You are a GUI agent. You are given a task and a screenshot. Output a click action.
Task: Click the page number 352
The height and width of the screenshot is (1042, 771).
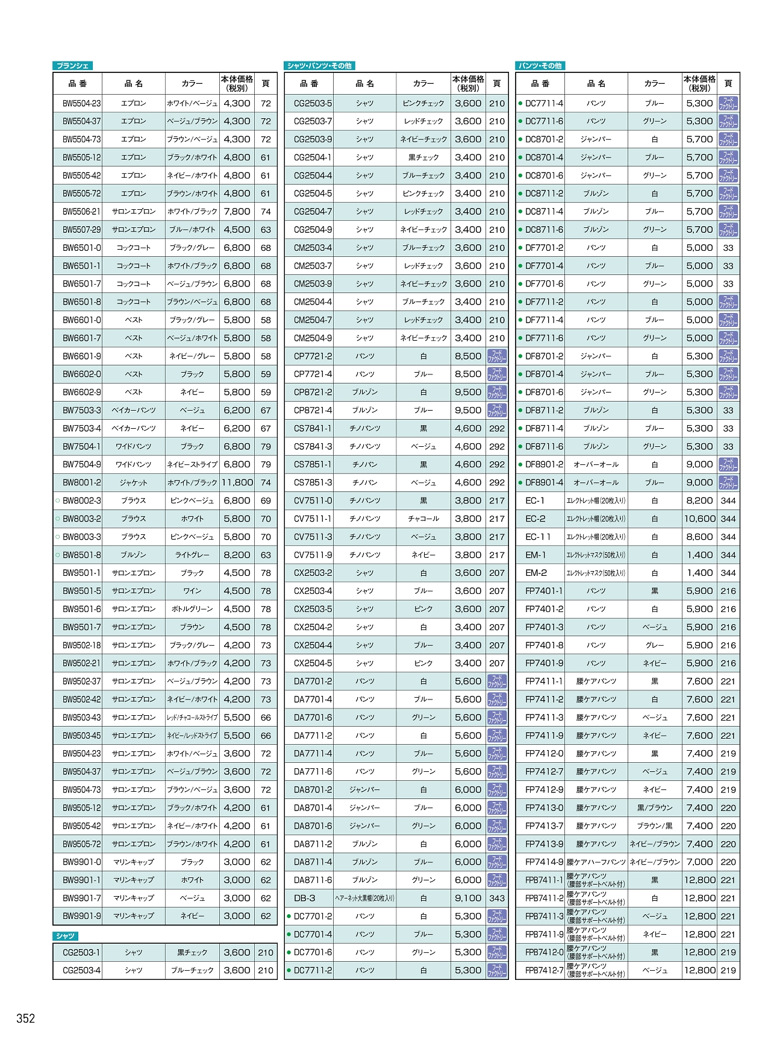coord(26,1018)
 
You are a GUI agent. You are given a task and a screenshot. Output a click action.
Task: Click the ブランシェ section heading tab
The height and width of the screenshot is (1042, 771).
coord(73,66)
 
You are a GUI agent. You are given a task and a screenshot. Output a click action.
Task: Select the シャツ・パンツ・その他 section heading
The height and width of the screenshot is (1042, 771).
coord(319,66)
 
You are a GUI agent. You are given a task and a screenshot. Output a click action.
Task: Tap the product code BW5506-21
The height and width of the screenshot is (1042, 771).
coord(82,212)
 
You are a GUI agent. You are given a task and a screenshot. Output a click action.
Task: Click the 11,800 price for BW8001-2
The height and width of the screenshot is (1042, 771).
coord(237,482)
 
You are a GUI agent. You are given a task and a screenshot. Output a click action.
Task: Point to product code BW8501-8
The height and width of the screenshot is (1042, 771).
coord(82,555)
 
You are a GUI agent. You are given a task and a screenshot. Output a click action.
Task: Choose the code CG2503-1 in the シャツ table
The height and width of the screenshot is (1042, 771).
coord(82,953)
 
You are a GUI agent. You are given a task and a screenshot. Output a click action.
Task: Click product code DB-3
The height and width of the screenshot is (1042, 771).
coord(305,898)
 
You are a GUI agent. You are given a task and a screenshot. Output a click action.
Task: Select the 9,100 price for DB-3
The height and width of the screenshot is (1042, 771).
coord(468,898)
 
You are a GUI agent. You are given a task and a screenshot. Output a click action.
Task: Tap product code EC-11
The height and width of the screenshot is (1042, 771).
coord(538,537)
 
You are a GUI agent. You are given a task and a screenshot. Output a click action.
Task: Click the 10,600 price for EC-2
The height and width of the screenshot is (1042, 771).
coord(699,519)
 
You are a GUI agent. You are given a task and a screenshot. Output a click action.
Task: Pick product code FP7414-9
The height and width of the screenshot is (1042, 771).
coord(544,862)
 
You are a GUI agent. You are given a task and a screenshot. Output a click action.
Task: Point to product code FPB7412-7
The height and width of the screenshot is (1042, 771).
coord(544,971)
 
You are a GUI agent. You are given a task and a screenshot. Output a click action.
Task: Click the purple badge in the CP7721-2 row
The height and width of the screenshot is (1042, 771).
coord(497,356)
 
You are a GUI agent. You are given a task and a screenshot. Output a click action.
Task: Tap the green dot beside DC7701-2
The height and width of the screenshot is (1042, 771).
coord(289,917)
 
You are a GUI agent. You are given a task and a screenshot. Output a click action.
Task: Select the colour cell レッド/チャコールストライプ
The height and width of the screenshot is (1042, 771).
coord(192,718)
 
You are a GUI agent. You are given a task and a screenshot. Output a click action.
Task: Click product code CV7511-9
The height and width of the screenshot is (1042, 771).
coord(313,555)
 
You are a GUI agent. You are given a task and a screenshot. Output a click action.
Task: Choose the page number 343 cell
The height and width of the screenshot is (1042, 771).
coord(497,898)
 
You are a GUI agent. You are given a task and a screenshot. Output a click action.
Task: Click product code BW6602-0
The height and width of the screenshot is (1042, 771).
coord(82,374)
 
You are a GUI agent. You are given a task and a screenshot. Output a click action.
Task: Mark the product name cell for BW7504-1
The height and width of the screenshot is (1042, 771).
coord(134,447)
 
